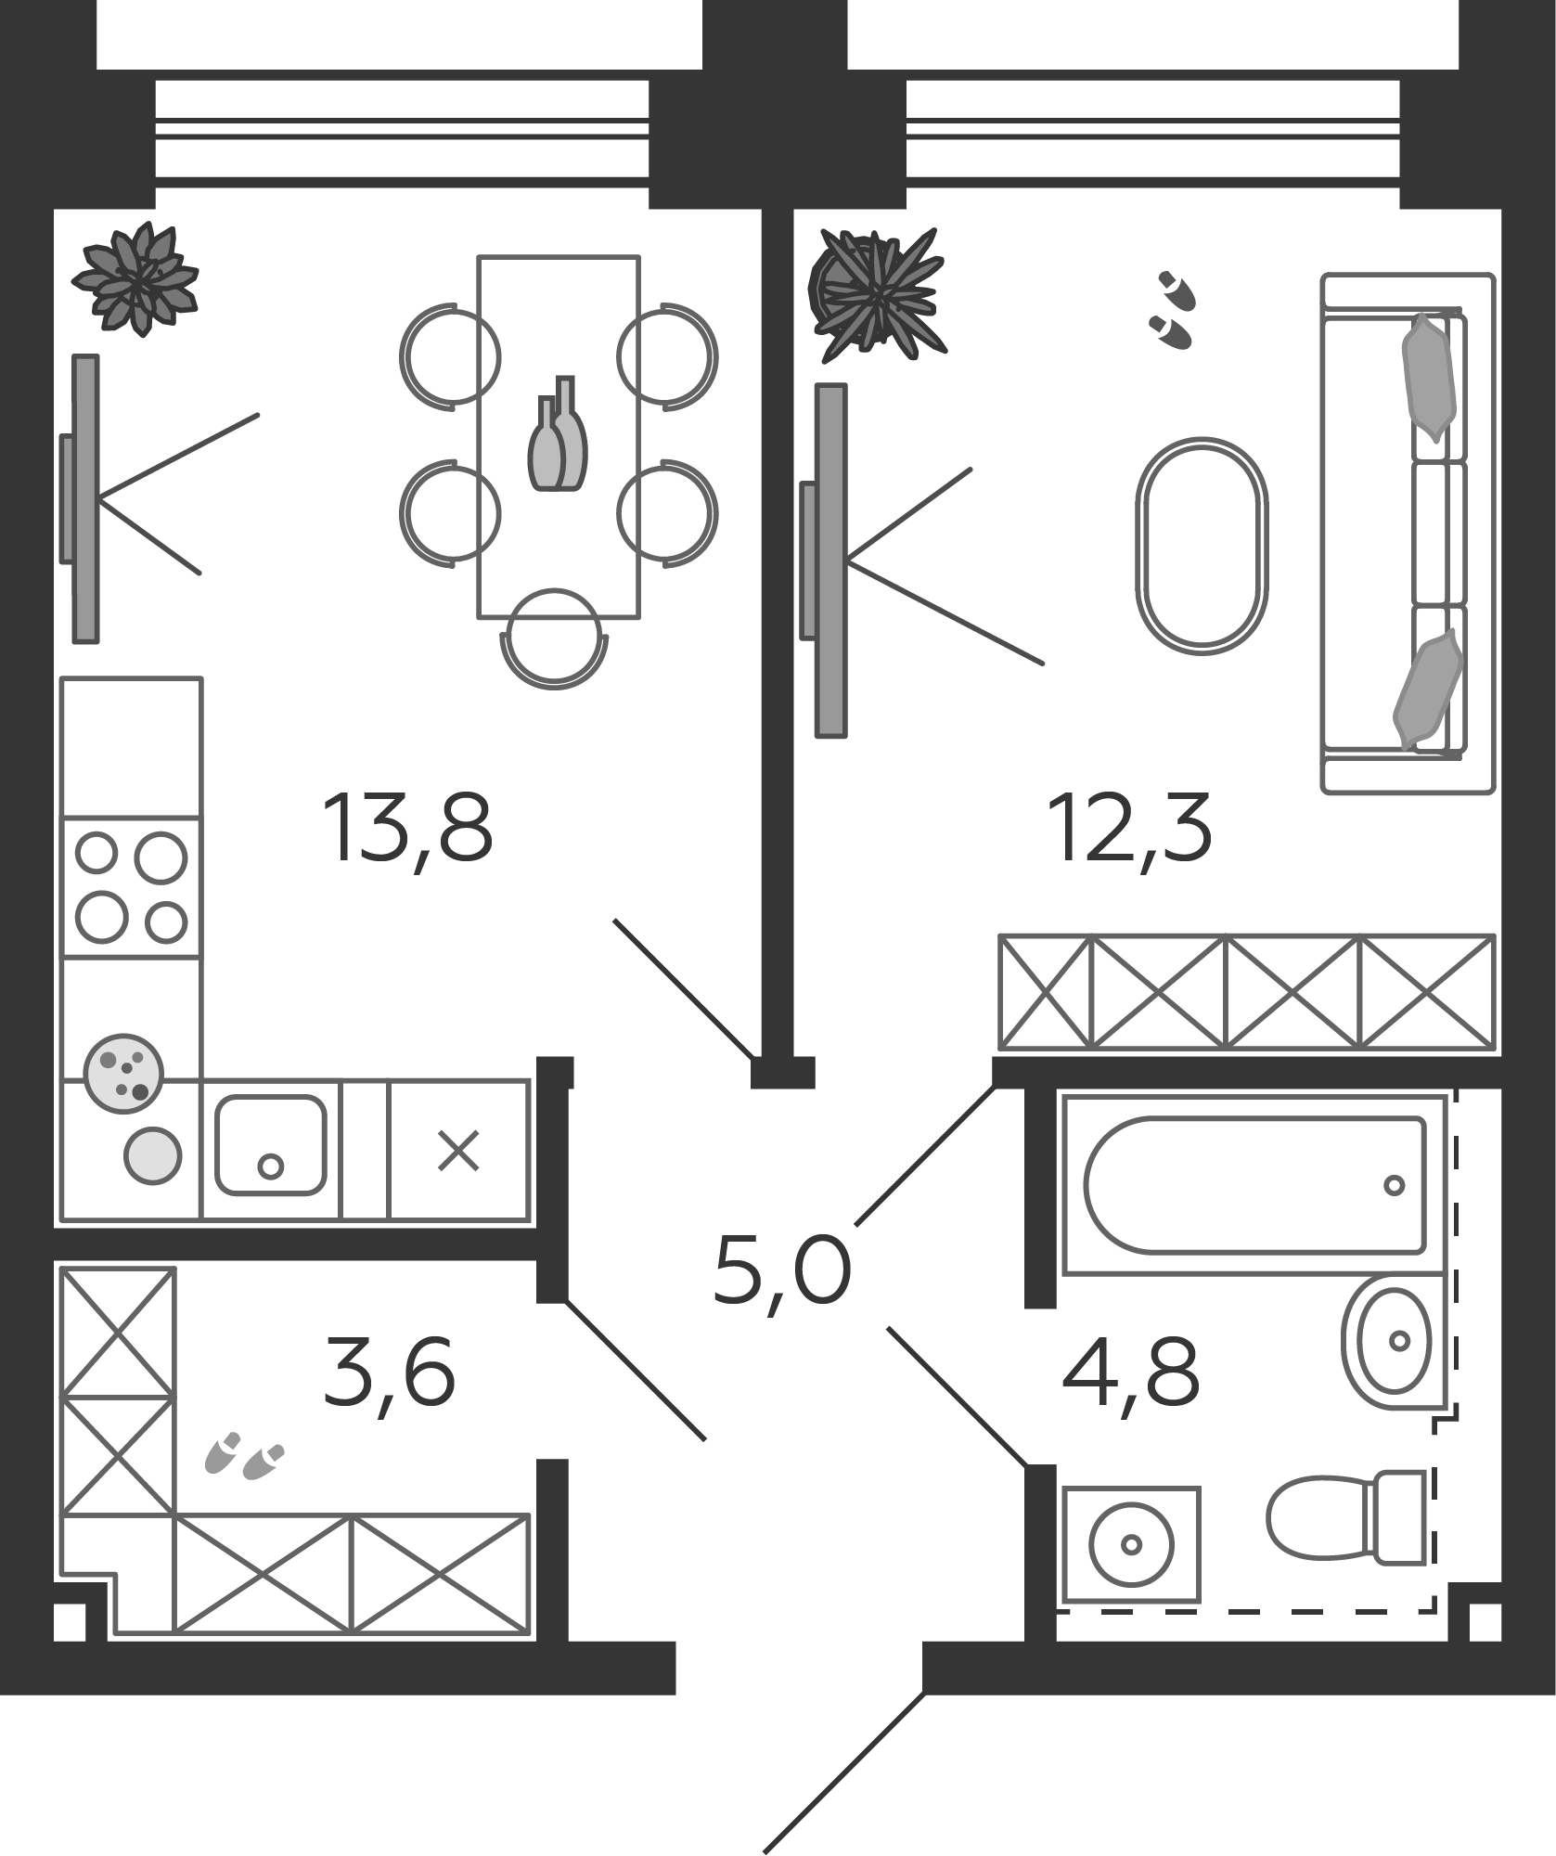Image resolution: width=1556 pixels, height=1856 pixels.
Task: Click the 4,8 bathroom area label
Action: (x=1131, y=1371)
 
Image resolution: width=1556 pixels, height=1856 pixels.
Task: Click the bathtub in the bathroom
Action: (x=1254, y=1184)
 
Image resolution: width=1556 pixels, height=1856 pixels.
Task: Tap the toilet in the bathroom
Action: (x=1346, y=1515)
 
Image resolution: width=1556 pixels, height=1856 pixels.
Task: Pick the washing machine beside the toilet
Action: (x=1131, y=1544)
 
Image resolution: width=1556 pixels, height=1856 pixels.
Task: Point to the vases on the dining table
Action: (x=557, y=433)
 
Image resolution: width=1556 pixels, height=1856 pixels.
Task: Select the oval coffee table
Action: (x=1202, y=547)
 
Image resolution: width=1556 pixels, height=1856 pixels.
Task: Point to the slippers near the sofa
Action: (x=1173, y=310)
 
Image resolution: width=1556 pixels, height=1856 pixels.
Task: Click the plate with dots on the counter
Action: (x=123, y=1068)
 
